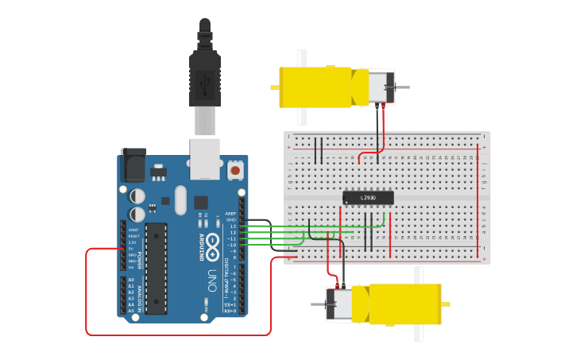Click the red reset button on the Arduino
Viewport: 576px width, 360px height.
click(x=235, y=170)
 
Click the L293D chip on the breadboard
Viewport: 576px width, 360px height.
click(x=368, y=198)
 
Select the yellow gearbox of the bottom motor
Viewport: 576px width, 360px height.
click(x=405, y=304)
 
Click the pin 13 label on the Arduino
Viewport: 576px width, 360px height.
click(x=233, y=226)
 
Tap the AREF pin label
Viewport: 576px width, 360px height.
click(x=231, y=214)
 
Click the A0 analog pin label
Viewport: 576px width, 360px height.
click(x=131, y=280)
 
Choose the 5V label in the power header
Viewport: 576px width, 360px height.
click(x=131, y=248)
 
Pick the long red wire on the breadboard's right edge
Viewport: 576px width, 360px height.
click(x=477, y=199)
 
